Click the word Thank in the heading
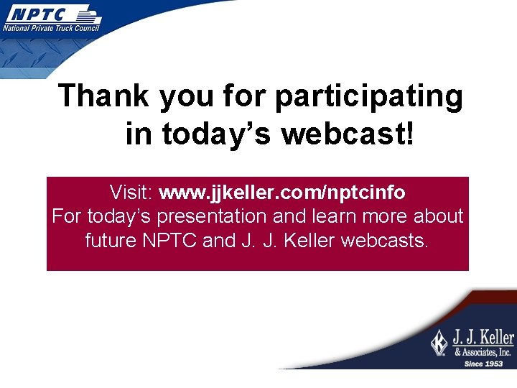pos(104,96)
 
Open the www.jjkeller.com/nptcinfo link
pos(281,193)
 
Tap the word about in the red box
pos(438,216)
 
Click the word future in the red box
pos(111,240)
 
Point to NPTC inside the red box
pos(170,240)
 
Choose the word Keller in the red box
pos(309,240)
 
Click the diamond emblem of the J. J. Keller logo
pos(439,343)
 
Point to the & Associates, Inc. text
pos(483,352)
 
